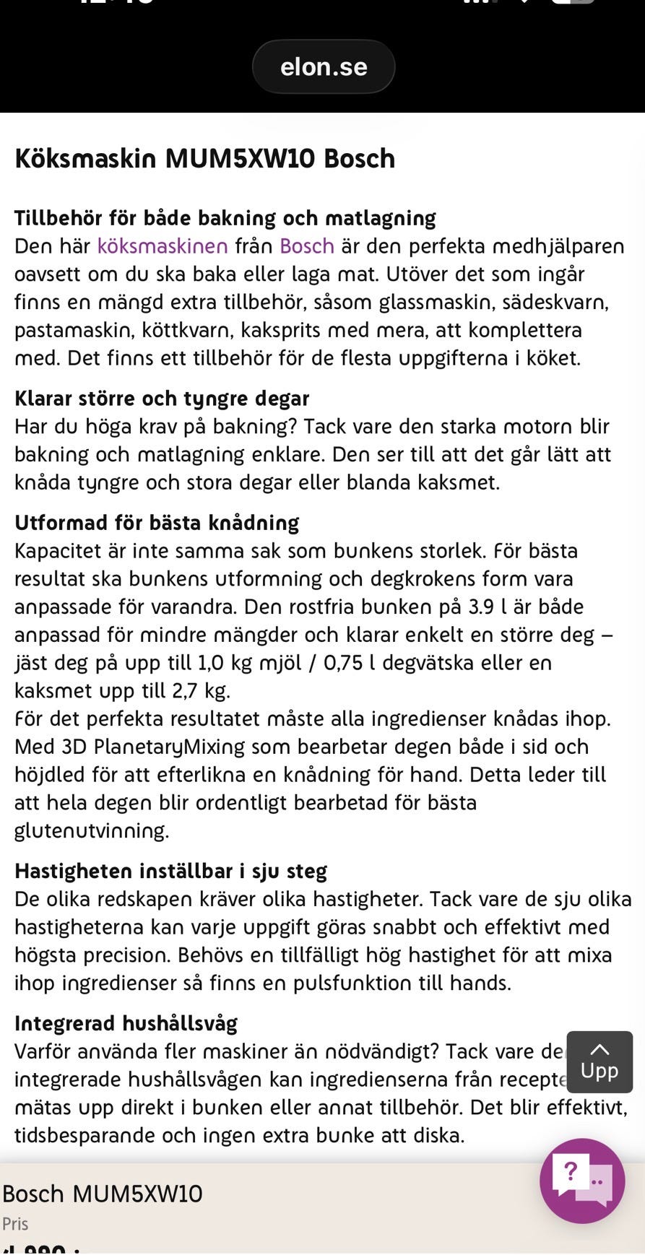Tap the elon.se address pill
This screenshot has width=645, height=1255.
[323, 66]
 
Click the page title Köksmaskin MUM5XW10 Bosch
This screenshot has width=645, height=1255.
[205, 158]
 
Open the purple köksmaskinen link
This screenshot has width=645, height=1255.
[163, 246]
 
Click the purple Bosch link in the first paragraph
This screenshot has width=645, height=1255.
[306, 246]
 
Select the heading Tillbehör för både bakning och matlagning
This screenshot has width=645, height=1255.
[225, 218]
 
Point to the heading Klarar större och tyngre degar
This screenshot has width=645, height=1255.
[162, 399]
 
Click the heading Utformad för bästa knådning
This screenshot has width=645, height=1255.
[157, 523]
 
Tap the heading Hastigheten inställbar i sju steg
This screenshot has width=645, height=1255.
[171, 871]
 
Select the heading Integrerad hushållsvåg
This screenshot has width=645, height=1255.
[126, 1023]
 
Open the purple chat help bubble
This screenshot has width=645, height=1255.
[582, 1181]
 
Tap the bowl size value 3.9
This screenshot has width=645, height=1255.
[481, 607]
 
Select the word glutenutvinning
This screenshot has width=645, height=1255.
[91, 831]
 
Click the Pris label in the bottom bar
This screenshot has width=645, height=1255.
[15, 1224]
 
